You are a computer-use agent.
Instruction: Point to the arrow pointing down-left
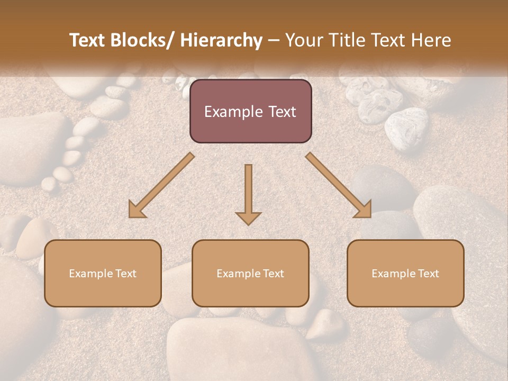coord(161,185)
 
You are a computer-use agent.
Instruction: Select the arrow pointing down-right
coord(339,185)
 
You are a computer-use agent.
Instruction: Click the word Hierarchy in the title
coord(221,41)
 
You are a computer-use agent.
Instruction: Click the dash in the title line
coord(274,41)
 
